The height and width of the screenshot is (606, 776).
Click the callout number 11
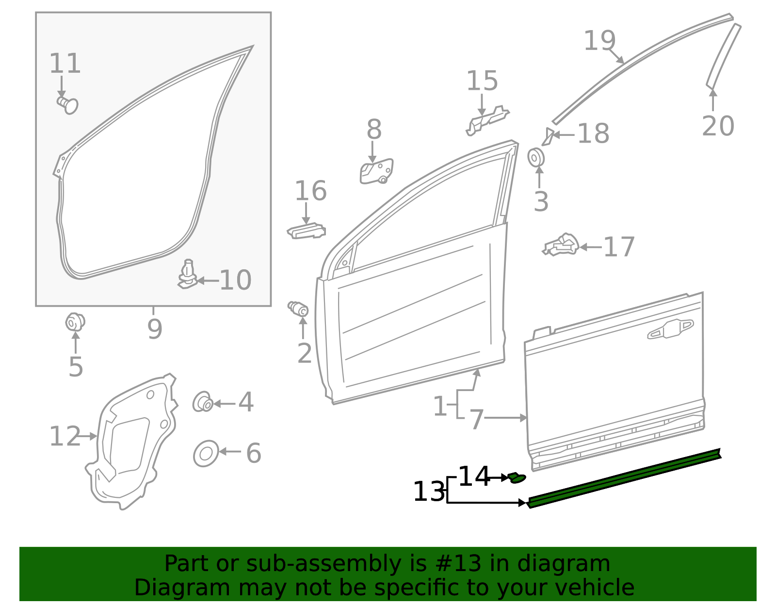tap(65, 64)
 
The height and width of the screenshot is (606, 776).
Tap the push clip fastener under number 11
tap(67, 104)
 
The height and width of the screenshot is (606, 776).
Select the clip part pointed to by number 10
tap(187, 275)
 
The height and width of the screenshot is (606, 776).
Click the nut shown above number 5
tap(75, 322)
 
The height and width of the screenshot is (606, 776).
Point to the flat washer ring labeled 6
tap(206, 454)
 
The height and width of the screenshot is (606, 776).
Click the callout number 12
tap(65, 436)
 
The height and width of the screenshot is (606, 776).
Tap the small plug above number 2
tap(298, 308)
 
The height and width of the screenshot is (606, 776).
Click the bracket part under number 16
tap(307, 231)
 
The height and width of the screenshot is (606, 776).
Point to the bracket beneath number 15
tap(486, 120)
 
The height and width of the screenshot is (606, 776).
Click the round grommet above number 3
tap(536, 158)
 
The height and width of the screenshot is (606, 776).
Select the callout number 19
tap(599, 41)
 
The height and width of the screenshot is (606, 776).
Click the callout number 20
tap(718, 126)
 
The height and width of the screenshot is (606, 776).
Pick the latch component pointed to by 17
tap(561, 245)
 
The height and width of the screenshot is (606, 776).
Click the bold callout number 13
tap(429, 492)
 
